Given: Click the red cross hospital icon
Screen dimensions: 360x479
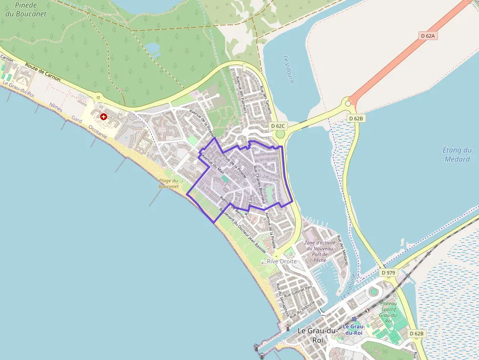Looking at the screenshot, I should coord(104,116).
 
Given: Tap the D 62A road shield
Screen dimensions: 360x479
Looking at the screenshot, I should coord(428,36).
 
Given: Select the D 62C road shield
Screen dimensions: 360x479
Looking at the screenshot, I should coord(278,126).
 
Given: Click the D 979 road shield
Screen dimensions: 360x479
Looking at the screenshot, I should coord(388,272).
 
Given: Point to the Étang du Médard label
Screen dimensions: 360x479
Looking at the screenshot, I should coord(457,154).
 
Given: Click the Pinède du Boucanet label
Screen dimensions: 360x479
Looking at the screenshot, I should coord(26,10).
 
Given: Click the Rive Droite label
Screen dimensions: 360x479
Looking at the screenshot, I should coord(282,261).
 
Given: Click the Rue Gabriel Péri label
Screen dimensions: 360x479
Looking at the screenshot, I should coord(298,292).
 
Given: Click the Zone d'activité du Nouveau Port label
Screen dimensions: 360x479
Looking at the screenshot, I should coord(320,249).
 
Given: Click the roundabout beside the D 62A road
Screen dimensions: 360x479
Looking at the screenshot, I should coord(348,103).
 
